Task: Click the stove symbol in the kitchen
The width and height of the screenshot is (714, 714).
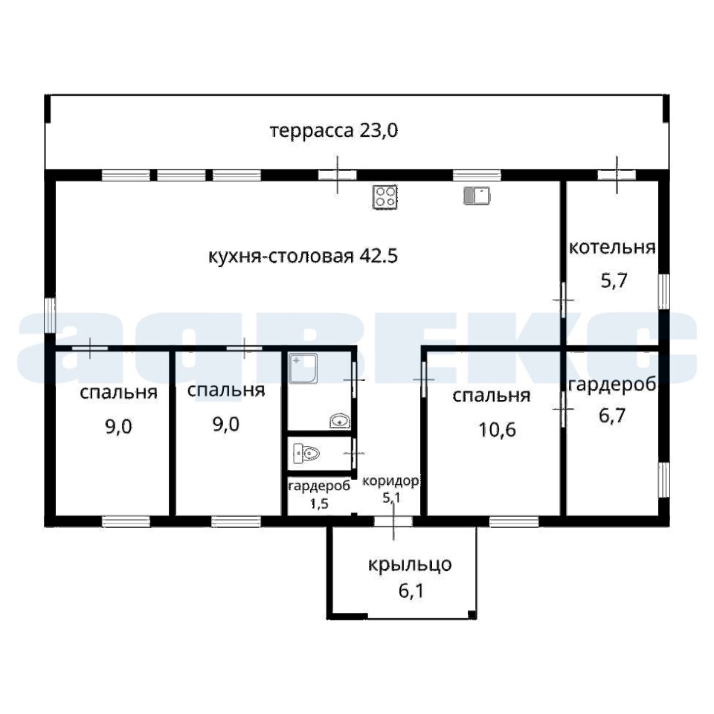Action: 385,197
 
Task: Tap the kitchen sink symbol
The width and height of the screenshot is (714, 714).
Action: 477,196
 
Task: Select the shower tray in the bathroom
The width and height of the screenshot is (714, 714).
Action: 304,369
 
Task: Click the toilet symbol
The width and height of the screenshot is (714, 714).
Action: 306,453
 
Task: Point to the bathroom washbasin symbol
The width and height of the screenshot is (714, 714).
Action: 340,421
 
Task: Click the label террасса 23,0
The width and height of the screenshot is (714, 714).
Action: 334,131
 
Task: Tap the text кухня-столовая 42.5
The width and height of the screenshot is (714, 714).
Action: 303,257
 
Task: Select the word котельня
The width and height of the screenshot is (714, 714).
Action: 612,248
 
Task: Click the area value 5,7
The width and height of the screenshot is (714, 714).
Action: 614,280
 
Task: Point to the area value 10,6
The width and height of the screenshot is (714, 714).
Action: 497,429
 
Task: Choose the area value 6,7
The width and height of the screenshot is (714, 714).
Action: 612,415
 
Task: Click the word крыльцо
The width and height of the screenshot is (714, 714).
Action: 409,565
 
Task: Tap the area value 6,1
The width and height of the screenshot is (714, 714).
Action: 411,591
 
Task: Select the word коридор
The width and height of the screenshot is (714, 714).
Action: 390,482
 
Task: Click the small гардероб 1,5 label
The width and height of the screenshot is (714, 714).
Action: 319,495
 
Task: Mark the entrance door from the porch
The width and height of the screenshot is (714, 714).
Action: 393,521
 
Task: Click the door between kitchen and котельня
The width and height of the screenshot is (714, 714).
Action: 563,300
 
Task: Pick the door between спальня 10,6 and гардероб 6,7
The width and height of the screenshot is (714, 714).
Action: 563,409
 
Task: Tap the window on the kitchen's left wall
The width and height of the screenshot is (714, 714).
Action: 50,315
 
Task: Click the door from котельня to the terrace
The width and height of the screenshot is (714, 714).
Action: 617,175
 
